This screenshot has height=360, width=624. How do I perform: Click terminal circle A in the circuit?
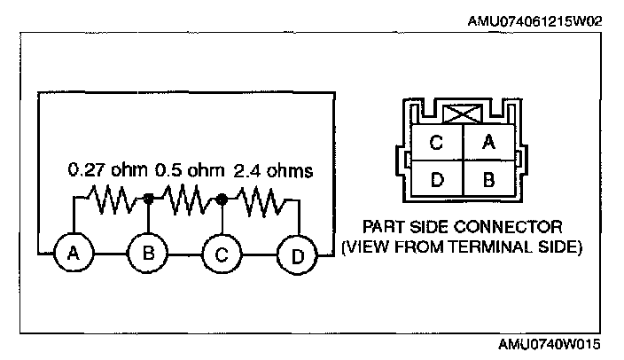point(74,254)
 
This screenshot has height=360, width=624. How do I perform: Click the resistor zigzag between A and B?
point(111,200)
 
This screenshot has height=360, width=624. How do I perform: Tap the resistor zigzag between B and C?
point(184,200)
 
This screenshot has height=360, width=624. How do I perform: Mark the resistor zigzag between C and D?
point(258,201)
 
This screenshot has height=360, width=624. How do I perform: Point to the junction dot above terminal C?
point(221,200)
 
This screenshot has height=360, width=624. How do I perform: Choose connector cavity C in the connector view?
point(436,142)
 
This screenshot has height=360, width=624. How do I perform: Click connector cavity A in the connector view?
point(486,142)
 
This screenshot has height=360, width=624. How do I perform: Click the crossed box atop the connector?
point(461,113)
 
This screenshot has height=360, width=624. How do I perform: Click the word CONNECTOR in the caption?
point(501,226)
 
